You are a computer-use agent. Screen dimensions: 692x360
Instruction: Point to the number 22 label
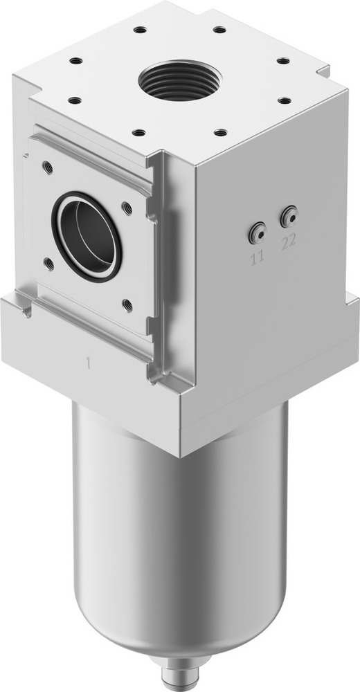289,242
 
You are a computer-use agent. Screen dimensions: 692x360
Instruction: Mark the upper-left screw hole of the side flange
47,167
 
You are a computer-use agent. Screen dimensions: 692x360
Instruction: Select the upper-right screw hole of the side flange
127,206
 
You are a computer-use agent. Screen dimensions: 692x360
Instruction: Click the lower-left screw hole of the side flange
48,262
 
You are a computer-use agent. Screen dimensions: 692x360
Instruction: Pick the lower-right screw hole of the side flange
127,303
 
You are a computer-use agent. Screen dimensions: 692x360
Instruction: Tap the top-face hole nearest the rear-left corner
140,30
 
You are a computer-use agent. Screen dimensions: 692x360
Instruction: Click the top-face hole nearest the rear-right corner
219,30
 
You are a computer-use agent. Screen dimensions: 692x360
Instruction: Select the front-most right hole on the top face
219,131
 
